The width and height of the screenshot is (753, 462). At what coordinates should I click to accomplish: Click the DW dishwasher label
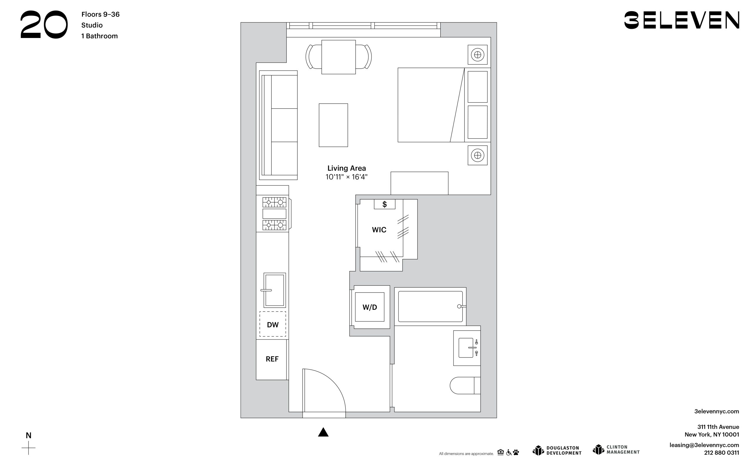coord(273,325)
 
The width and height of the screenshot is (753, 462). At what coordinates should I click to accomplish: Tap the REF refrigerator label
coord(272,359)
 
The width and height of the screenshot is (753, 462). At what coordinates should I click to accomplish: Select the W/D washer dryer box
coord(369,307)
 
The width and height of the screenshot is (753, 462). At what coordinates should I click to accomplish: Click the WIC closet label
coord(379,230)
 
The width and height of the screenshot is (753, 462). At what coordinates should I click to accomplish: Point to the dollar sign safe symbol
coord(384,204)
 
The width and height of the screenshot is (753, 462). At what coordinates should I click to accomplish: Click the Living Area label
coord(346,168)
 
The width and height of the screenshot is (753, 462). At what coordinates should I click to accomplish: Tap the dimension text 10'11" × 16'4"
coord(346,177)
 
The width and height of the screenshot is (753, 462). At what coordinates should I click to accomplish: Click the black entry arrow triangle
coord(323,432)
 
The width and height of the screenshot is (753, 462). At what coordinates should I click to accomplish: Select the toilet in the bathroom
coord(465,385)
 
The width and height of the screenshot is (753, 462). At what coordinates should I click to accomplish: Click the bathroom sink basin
coord(466,348)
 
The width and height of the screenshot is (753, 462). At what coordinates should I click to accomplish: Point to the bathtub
coord(430,306)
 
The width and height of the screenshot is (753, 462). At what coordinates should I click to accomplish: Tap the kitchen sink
coord(274,290)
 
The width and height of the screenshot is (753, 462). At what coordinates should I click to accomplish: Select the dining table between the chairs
coord(338,57)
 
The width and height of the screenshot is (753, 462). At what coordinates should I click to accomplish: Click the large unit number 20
coord(44,24)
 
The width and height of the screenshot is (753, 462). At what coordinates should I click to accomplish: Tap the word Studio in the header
coord(92,25)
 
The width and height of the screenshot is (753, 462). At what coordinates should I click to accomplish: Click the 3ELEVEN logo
coord(682,20)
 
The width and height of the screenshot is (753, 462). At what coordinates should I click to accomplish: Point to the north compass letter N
coord(29,435)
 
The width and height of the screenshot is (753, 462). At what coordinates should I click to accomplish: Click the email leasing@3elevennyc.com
coord(704,445)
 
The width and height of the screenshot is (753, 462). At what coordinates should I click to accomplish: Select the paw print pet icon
coord(516,452)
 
